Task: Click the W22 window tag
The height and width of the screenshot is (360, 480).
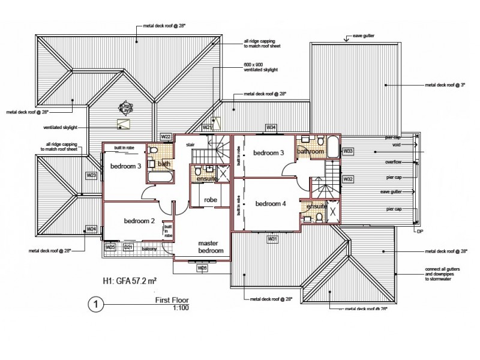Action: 166,137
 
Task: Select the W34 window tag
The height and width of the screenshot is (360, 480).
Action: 271,128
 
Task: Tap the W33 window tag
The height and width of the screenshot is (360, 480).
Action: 348,151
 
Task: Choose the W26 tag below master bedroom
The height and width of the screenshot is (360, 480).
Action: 202,268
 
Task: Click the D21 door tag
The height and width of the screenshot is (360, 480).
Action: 128,247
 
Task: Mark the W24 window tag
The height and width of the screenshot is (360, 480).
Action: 91,229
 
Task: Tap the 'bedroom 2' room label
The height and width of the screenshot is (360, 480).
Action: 139,221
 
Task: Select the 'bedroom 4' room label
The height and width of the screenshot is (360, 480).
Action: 271,203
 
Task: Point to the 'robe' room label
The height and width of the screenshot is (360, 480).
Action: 210,200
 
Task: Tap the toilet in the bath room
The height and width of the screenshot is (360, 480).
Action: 152,150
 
